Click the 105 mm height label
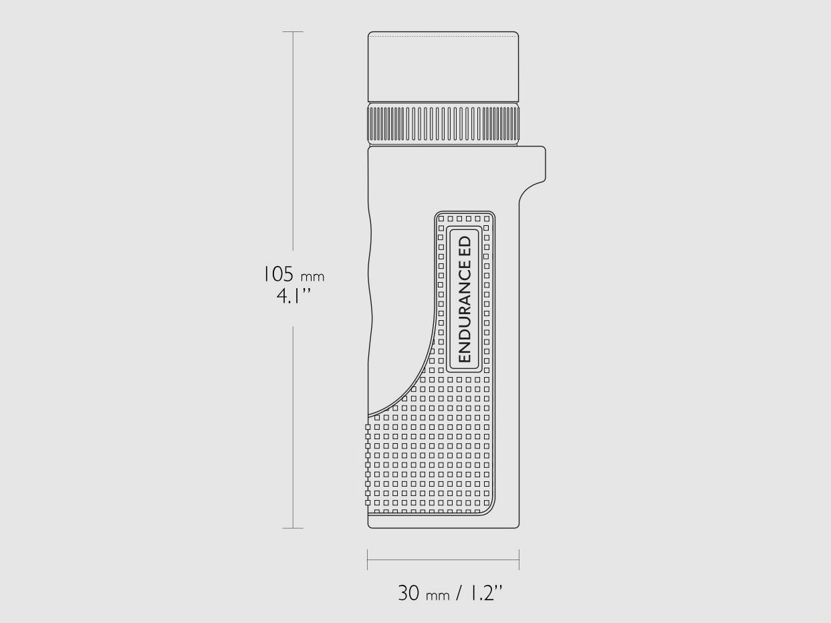click(x=293, y=275)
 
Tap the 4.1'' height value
click(x=293, y=296)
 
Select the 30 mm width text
click(x=424, y=593)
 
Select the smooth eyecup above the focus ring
click(x=443, y=67)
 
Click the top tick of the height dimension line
click(x=293, y=32)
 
